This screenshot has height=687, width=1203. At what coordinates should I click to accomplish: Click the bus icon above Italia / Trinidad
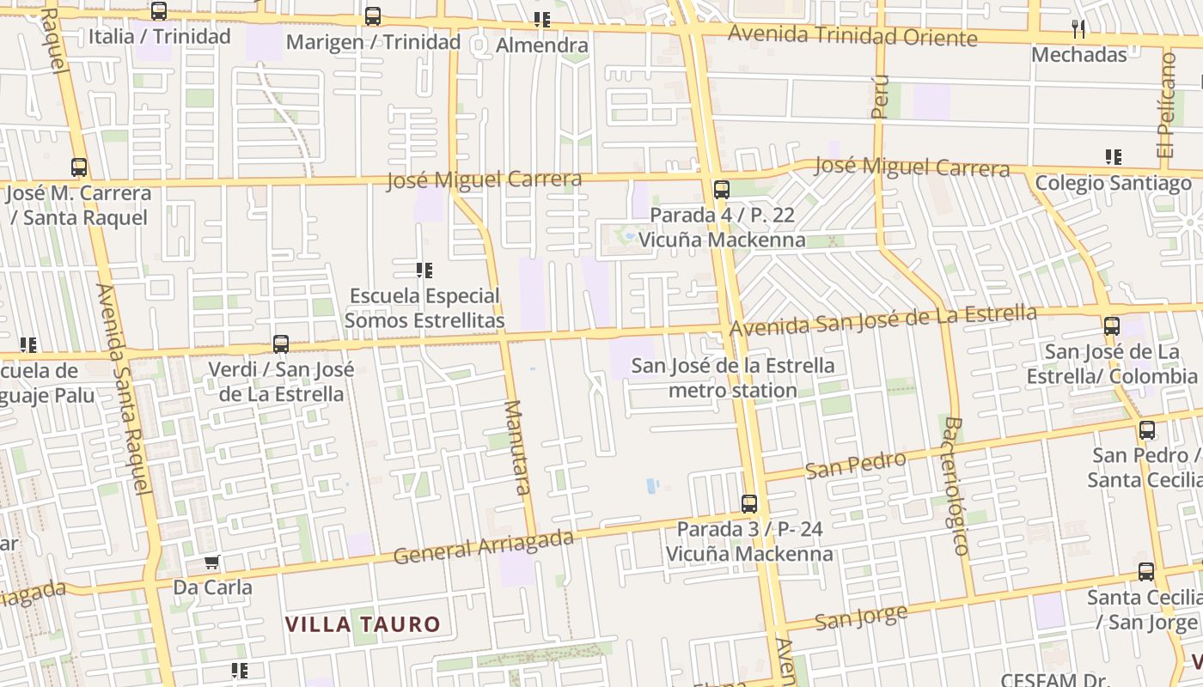pyautogui.click(x=159, y=11)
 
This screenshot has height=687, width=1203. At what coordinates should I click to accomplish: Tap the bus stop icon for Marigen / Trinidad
pyautogui.click(x=372, y=16)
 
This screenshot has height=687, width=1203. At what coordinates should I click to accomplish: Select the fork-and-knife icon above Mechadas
pyautogui.click(x=1078, y=29)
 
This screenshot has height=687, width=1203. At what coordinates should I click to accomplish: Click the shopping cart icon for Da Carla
pyautogui.click(x=212, y=562)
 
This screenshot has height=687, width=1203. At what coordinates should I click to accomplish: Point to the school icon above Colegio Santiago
pyautogui.click(x=1113, y=157)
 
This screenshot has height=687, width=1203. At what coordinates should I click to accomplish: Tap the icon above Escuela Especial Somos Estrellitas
pyautogui.click(x=424, y=271)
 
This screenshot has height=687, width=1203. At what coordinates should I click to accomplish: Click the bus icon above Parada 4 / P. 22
pyautogui.click(x=721, y=190)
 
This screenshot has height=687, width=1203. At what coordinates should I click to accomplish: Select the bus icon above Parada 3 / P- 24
pyautogui.click(x=749, y=504)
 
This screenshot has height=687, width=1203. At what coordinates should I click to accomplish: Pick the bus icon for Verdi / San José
pyautogui.click(x=281, y=344)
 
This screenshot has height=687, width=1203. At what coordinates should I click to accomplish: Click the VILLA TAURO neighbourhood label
pyautogui.click(x=363, y=624)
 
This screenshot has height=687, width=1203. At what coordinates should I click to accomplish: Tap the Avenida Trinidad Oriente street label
pyautogui.click(x=852, y=36)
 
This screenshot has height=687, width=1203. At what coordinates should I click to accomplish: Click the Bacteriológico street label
pyautogui.click(x=956, y=486)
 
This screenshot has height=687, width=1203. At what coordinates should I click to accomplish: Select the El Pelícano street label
pyautogui.click(x=1166, y=104)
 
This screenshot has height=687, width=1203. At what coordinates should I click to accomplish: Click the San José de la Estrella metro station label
pyautogui.click(x=733, y=378)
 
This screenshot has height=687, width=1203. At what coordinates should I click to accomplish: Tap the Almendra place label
pyautogui.click(x=542, y=45)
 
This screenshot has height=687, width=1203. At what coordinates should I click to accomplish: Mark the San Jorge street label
pyautogui.click(x=860, y=617)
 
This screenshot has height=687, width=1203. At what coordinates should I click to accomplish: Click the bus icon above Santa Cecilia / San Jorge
pyautogui.click(x=1146, y=572)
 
